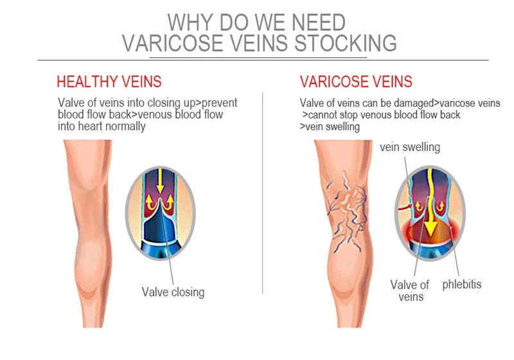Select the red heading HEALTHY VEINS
(x=109, y=82)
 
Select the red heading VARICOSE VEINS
(x=356, y=82)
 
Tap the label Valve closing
(x=173, y=292)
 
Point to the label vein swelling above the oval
(x=410, y=147)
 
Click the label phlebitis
(x=461, y=284)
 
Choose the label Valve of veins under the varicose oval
(x=409, y=290)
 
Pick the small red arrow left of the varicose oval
(x=403, y=208)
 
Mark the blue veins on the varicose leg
(x=347, y=206)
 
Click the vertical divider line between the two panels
(x=263, y=193)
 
